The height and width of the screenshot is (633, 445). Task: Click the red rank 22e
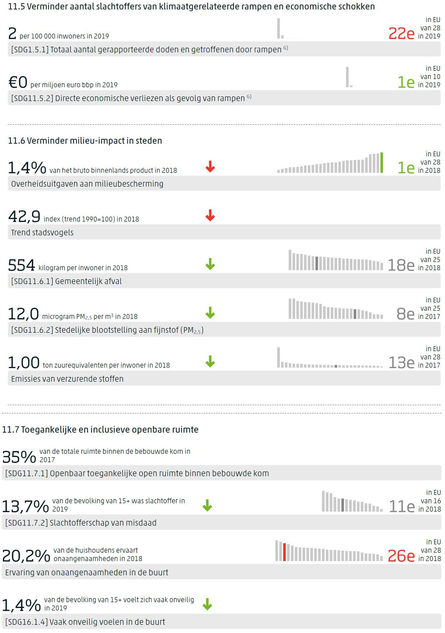401,34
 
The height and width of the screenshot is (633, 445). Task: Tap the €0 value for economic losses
18,82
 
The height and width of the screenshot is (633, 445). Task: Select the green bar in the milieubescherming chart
382,163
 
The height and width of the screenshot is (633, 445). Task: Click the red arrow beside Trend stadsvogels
210,215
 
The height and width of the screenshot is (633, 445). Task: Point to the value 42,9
24,216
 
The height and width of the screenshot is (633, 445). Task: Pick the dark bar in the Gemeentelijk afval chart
317,263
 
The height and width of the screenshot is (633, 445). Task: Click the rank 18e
401,265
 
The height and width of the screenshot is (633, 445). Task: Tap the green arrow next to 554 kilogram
210,264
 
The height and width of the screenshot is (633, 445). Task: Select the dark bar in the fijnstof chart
355,314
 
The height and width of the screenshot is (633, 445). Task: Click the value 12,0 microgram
23,314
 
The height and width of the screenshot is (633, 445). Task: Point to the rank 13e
401,363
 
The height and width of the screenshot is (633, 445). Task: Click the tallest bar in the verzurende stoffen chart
279,357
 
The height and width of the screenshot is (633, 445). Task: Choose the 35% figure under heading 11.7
19,457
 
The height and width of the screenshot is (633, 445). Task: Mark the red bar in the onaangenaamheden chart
284,552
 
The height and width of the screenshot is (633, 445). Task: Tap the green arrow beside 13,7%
207,505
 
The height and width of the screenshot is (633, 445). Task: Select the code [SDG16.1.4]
26,622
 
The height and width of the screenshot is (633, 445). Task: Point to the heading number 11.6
16,140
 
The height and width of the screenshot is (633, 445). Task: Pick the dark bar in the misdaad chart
343,505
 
